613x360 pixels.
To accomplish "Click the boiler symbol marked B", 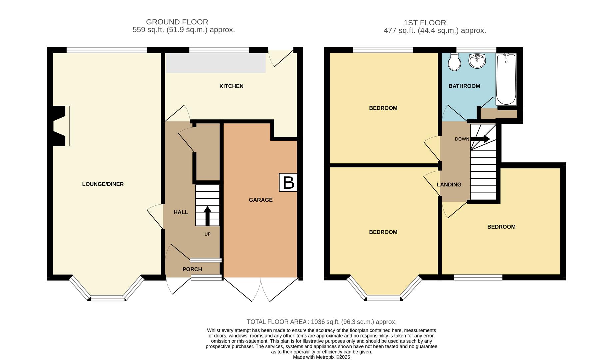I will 288,182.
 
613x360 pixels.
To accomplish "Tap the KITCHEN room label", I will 231,86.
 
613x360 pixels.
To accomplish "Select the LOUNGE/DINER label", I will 103,184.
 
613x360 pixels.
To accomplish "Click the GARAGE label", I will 261,200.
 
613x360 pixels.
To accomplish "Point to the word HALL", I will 181,212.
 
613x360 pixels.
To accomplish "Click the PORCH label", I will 192,269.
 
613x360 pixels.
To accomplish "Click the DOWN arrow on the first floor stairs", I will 480,139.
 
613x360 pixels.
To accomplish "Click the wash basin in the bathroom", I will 477,61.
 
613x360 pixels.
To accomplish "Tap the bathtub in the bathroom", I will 506,79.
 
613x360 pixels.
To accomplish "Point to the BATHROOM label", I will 464,86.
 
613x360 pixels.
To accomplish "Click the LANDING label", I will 449,184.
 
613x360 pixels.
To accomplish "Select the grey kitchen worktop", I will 216,63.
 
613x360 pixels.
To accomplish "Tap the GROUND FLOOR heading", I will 177,22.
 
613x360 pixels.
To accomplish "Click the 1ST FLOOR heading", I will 425,23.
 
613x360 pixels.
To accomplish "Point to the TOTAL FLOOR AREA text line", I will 321,322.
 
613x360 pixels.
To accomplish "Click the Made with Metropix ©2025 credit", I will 321,357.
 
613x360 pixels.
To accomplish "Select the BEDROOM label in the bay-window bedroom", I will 383,232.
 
